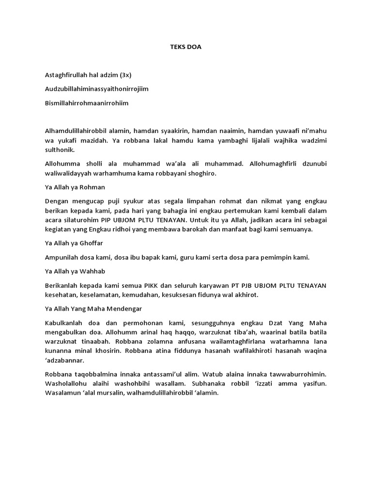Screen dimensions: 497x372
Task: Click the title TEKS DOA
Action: pos(186,48)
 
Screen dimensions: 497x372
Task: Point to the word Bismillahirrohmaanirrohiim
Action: pos(87,103)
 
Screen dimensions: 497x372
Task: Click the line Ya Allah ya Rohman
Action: pos(75,187)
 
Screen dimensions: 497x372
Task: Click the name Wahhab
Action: pos(92,271)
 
